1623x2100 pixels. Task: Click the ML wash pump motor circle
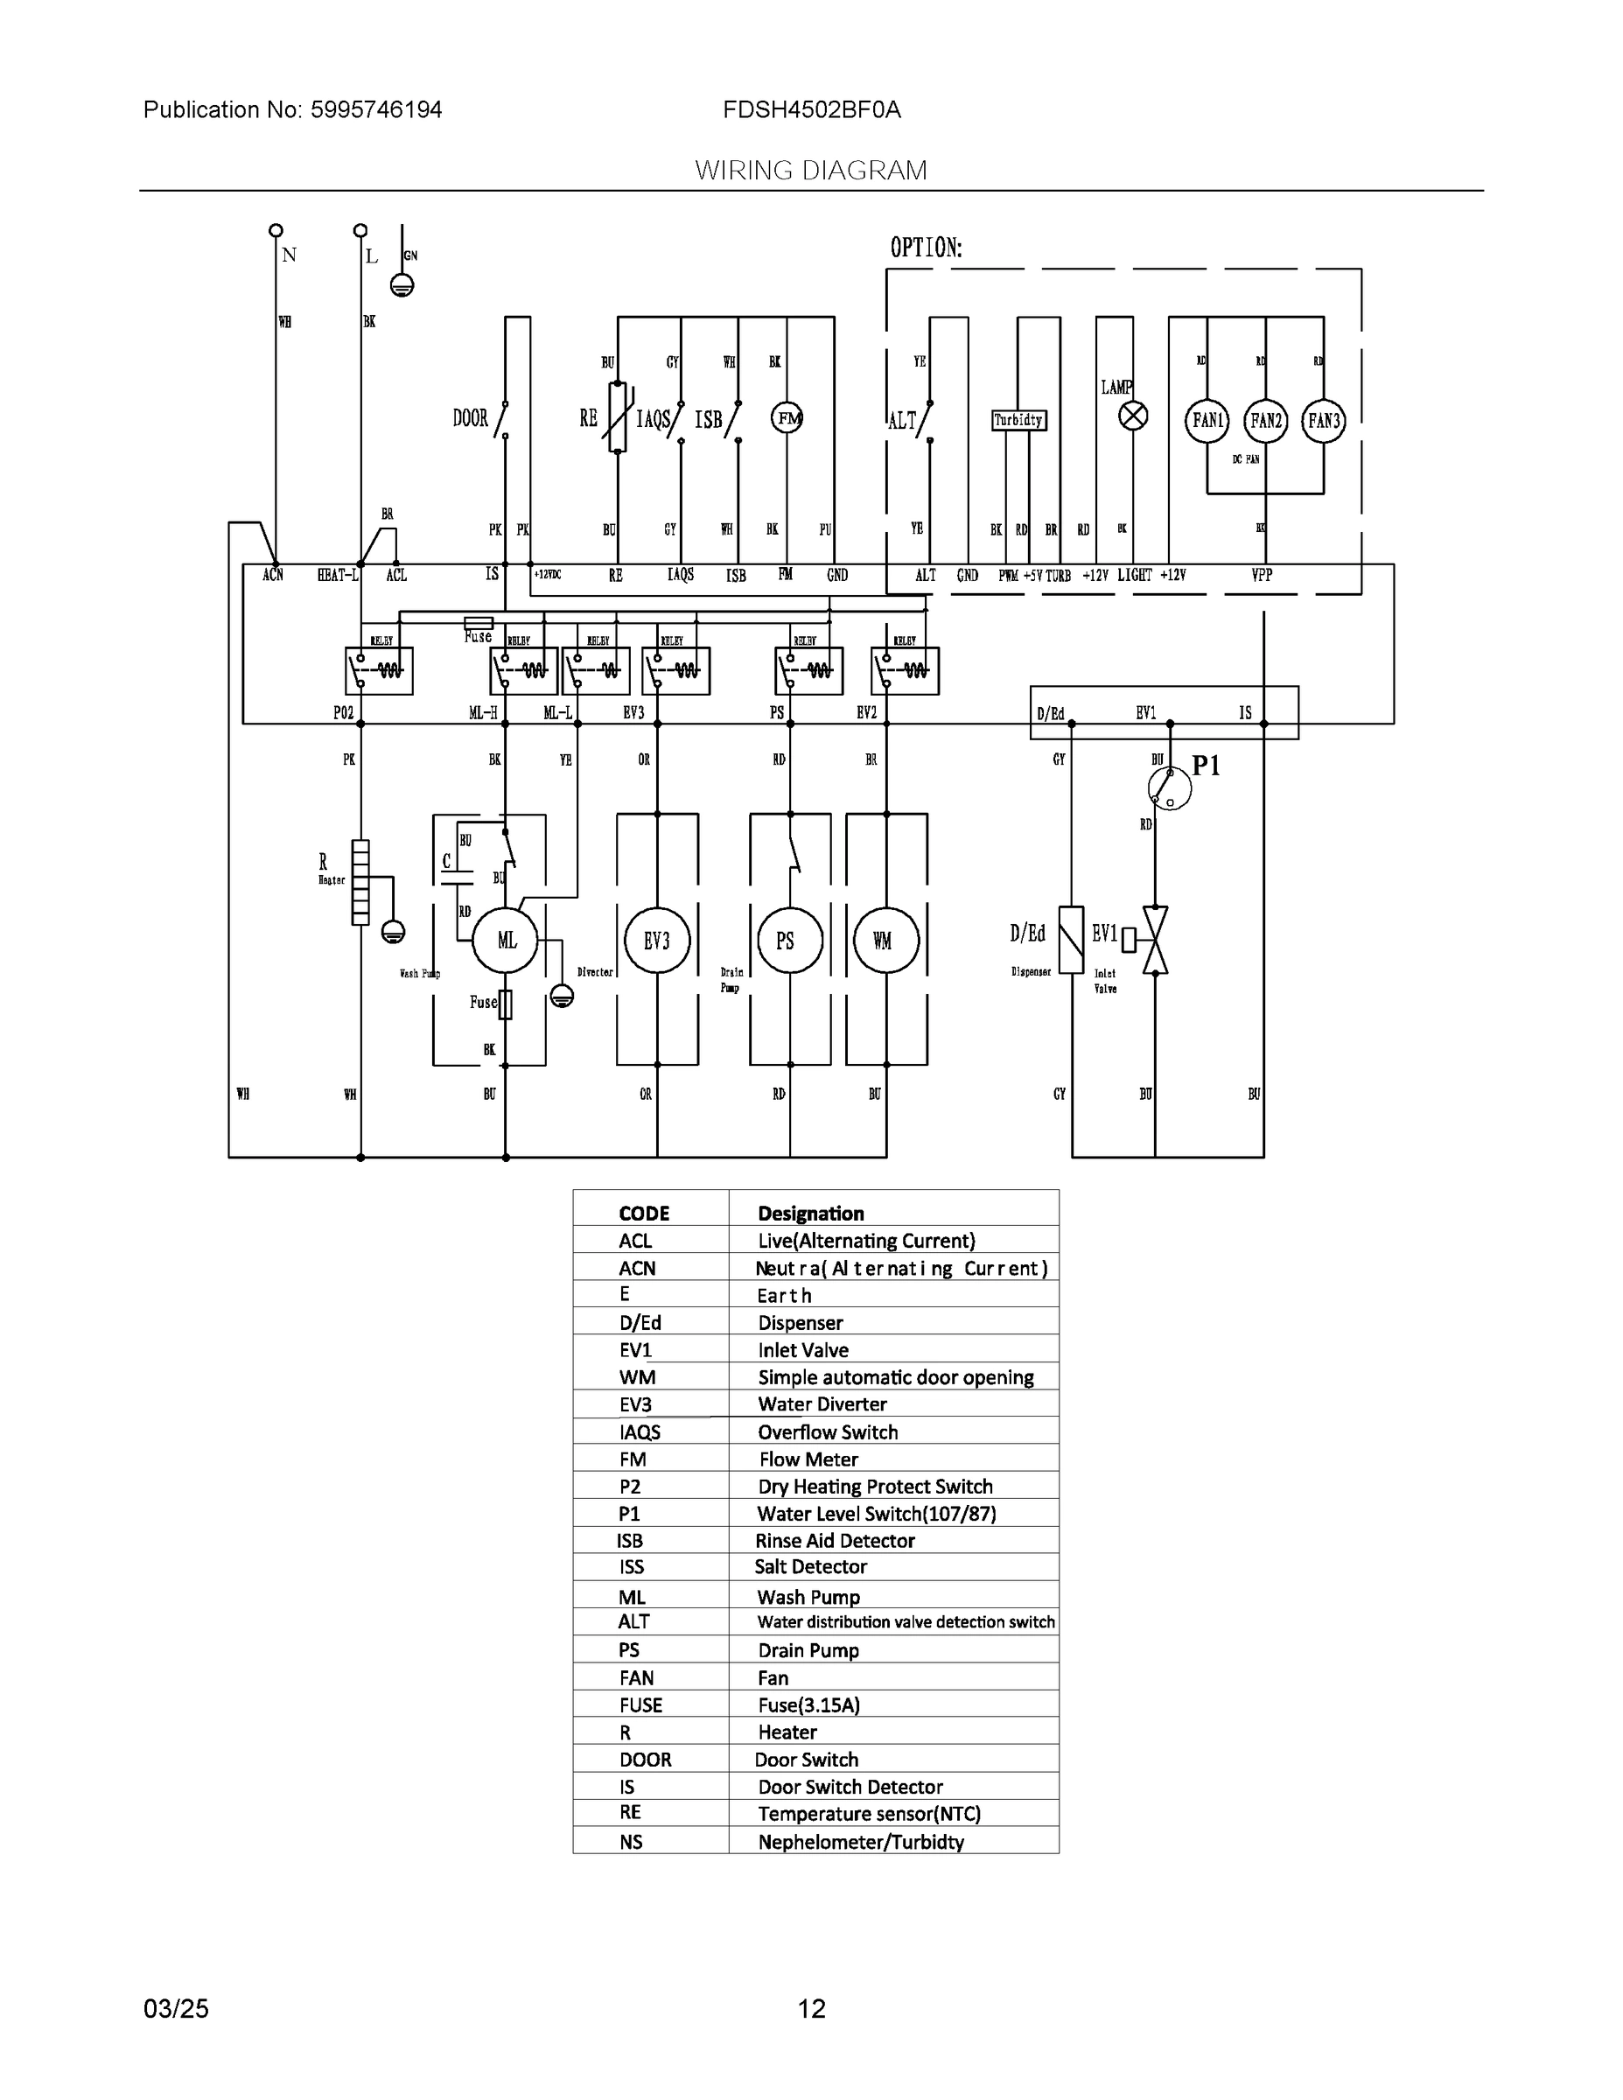pyautogui.click(x=507, y=941)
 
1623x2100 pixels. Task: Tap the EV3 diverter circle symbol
pyautogui.click(x=657, y=941)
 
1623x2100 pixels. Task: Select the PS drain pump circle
pyautogui.click(x=789, y=941)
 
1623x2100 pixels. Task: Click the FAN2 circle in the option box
pyautogui.click(x=1265, y=420)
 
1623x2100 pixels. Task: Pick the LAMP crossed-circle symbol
pyautogui.click(x=1134, y=416)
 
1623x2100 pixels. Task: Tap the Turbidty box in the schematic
pyautogui.click(x=1018, y=420)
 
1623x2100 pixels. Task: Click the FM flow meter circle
pyautogui.click(x=787, y=417)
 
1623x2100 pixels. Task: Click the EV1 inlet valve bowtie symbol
pyautogui.click(x=1155, y=940)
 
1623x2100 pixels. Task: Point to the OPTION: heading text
pyautogui.click(x=925, y=248)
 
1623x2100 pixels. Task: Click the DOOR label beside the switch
pyautogui.click(x=470, y=418)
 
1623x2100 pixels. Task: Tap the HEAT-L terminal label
pyautogui.click(x=339, y=575)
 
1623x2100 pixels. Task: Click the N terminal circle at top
pyautogui.click(x=276, y=231)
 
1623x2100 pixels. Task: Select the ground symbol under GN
pyautogui.click(x=402, y=285)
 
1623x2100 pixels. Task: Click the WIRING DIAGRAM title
pyautogui.click(x=810, y=171)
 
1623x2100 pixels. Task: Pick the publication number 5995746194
pyautogui.click(x=376, y=109)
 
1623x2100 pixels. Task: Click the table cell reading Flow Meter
pyautogui.click(x=808, y=1459)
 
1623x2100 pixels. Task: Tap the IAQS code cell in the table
pyautogui.click(x=640, y=1432)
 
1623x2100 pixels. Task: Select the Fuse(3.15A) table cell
pyautogui.click(x=808, y=1704)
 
